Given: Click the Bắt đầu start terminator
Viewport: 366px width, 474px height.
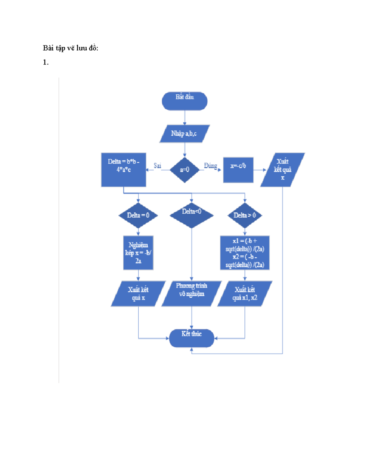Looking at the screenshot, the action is tap(185, 101).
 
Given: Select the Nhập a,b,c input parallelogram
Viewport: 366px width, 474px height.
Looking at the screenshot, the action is tap(185, 134).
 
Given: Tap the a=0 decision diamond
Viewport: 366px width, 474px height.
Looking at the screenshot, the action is tap(185, 170).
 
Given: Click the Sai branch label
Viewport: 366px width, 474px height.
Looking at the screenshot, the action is tap(157, 165).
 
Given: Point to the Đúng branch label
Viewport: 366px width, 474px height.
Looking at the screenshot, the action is tap(210, 166).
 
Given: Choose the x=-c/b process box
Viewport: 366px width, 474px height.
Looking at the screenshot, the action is tap(238, 170).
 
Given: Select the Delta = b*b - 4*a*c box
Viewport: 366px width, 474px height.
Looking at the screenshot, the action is tap(124, 170).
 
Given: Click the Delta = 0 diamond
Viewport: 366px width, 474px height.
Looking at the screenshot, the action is tap(138, 215).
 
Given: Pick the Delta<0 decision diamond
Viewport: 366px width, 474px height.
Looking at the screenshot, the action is tap(192, 215).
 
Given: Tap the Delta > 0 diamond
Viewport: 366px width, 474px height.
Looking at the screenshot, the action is tap(245, 215).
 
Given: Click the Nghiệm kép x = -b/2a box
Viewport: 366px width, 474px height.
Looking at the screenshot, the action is tap(138, 253).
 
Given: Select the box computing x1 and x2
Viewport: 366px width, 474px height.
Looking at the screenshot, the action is tap(245, 253).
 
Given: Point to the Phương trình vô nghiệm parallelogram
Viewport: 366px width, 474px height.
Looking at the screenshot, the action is tap(192, 294).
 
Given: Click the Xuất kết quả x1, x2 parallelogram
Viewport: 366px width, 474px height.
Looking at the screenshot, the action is tap(245, 294).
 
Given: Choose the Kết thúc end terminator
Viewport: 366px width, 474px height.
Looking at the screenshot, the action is tap(192, 338).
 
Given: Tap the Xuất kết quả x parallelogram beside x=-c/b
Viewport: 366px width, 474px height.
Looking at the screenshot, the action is tap(282, 170).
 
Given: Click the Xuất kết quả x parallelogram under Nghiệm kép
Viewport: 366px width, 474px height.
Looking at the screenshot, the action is tap(138, 294).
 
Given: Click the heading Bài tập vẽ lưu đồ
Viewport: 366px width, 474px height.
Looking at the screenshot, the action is tap(70, 48).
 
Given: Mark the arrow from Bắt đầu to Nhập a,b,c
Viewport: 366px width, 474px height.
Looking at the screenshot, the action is tap(185, 118).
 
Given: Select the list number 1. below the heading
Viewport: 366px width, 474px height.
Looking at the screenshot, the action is tap(45, 63).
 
